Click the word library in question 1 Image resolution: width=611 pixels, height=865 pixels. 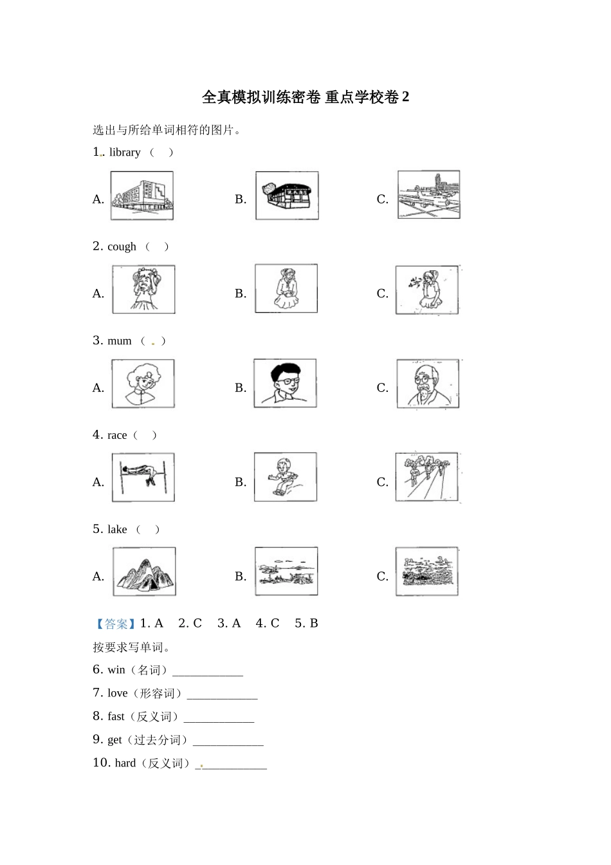click(x=125, y=153)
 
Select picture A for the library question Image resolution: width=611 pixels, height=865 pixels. click(x=142, y=196)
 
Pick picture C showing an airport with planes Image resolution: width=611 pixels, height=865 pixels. click(x=428, y=195)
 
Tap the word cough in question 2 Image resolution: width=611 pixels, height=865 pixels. click(x=122, y=246)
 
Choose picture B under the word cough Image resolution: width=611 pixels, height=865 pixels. click(x=286, y=288)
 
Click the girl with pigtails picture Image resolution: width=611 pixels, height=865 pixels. click(x=143, y=290)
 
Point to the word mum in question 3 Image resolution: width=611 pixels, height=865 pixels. click(x=120, y=341)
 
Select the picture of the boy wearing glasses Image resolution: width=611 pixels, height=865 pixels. click(x=285, y=383)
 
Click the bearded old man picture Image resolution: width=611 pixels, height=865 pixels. click(x=428, y=384)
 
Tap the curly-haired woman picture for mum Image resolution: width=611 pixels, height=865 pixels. click(x=143, y=384)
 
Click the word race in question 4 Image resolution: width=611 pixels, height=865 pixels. click(x=117, y=436)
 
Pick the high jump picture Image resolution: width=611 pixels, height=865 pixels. click(x=143, y=478)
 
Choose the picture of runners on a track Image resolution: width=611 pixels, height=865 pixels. click(x=428, y=478)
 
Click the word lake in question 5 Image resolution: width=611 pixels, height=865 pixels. click(x=117, y=530)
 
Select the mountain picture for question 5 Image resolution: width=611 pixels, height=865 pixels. click(x=144, y=572)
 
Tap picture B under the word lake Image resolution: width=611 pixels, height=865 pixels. click(x=286, y=572)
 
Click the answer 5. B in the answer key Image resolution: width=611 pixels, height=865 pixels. click(x=306, y=624)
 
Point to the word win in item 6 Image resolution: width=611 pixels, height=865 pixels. click(x=116, y=670)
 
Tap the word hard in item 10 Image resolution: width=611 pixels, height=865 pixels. click(x=125, y=763)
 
